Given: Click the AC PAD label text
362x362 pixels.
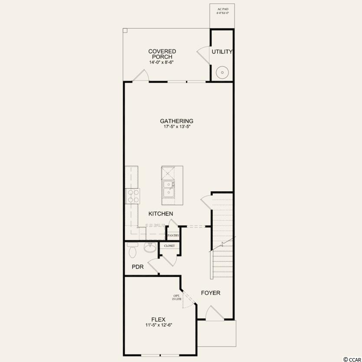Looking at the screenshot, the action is click(222, 9).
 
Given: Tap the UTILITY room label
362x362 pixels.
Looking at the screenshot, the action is click(222, 52).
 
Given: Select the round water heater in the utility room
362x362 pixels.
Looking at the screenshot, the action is click(222, 72).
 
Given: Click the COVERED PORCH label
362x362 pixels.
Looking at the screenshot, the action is click(162, 54).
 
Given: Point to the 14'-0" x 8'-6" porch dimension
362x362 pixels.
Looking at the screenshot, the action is click(161, 62).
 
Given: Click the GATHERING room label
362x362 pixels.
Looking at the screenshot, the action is click(176, 121).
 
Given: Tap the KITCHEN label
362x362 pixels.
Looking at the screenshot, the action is click(161, 214).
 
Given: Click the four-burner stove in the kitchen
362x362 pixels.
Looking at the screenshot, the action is click(133, 196).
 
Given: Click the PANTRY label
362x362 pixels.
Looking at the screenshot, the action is click(173, 235).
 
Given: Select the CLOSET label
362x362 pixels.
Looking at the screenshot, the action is click(170, 246).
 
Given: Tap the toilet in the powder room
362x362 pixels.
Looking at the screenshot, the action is click(133, 250).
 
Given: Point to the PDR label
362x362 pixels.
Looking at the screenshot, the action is click(137, 267).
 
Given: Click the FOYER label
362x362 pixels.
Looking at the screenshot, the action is click(211, 293).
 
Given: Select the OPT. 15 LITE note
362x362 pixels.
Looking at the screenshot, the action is click(177, 297).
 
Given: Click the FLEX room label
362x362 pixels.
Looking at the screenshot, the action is click(158, 320).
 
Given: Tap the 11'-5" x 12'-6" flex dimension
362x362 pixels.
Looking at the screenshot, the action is click(159, 325).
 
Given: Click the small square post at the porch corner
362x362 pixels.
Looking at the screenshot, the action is click(125, 30).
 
